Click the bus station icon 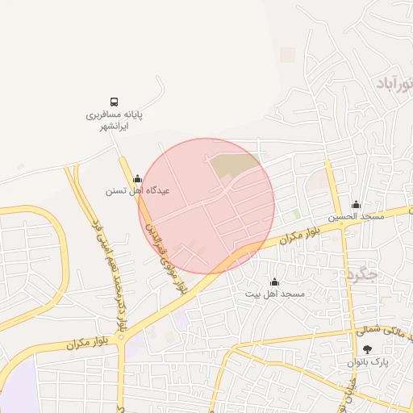coord(115,102)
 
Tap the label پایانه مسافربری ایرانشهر coord(115,121)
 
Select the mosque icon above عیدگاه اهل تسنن coord(137,178)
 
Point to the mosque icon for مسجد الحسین coord(356,204)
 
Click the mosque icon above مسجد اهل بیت coord(274,282)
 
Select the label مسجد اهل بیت coord(275,294)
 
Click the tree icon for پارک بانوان coord(368,349)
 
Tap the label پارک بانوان coord(369,363)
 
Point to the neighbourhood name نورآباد coord(395,83)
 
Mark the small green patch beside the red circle coord(296,214)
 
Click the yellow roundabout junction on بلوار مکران coord(121,340)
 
